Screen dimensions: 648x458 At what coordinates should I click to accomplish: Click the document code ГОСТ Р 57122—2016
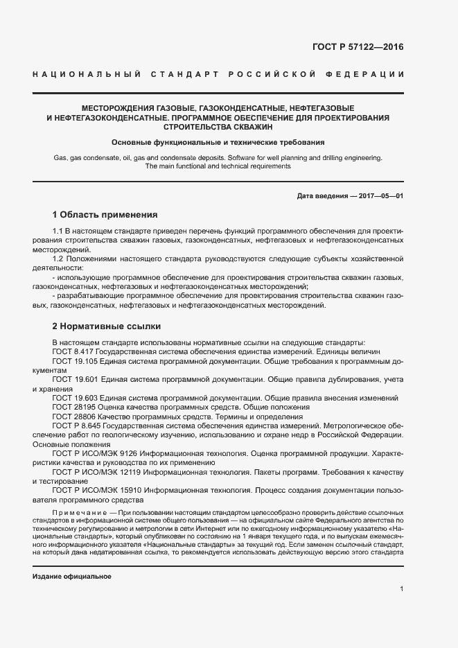[358, 48]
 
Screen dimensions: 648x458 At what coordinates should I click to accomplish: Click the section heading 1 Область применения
[105, 214]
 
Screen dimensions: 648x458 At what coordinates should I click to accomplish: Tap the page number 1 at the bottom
[401, 588]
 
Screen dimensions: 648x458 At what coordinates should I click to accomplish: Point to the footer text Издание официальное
[72, 577]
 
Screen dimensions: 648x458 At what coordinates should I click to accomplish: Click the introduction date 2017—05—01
[378, 196]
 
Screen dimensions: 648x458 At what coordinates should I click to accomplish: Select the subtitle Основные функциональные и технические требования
[218, 142]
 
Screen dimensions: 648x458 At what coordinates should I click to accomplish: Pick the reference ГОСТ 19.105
[77, 361]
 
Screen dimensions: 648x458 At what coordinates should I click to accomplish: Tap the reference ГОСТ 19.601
[77, 380]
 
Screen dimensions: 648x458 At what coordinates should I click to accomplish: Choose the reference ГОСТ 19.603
[77, 399]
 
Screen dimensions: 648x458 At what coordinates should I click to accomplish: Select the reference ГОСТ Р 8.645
[80, 426]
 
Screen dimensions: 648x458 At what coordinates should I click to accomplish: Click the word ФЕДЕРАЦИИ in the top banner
[369, 73]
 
